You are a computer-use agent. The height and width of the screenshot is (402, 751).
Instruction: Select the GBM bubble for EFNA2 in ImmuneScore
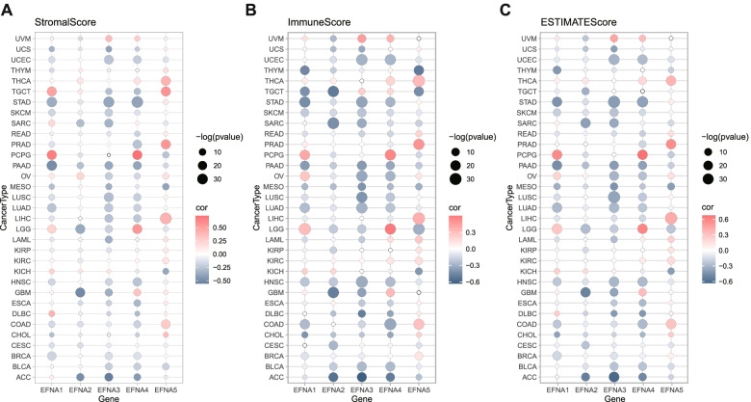tap(334, 292)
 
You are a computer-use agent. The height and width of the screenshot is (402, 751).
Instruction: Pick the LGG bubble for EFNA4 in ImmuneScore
tap(390, 228)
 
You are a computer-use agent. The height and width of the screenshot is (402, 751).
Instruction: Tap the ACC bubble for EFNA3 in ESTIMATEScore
tap(613, 377)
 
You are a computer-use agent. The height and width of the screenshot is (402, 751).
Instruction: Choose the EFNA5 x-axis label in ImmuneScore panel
tap(418, 388)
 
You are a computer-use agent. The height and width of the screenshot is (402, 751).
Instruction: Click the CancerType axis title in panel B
tap(257, 208)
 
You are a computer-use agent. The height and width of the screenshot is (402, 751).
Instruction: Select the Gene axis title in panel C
tap(613, 397)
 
